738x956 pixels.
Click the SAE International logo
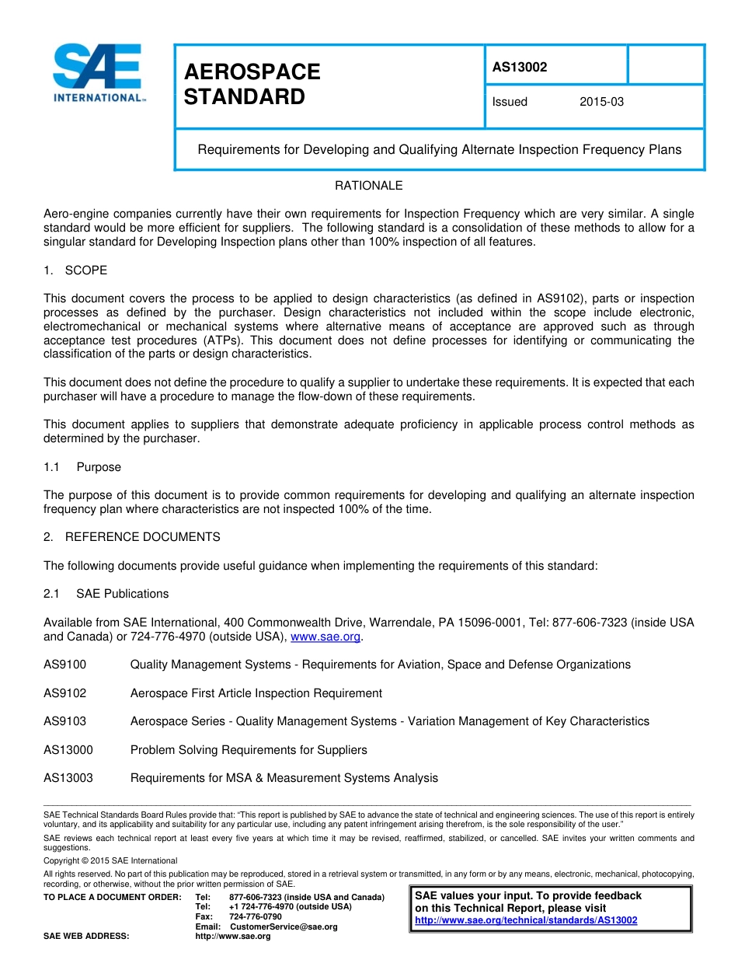98,73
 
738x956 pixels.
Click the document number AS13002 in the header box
520,67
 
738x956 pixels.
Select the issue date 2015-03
601,102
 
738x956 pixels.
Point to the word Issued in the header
510,102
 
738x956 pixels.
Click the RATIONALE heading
368,186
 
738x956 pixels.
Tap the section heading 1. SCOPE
75,270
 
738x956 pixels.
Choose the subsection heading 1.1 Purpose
82,467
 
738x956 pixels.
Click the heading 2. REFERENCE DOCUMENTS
131,537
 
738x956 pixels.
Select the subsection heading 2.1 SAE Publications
106,594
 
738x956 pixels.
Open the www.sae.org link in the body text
325,637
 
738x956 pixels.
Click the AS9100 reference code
65,665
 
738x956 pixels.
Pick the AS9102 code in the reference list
65,693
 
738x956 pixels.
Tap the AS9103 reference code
65,721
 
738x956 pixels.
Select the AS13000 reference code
68,750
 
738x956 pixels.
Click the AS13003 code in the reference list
68,778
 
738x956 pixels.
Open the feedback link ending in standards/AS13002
526,920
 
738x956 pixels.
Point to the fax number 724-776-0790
256,916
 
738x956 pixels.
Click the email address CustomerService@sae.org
284,926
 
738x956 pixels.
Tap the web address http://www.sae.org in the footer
232,937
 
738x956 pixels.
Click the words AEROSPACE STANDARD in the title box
252,85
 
